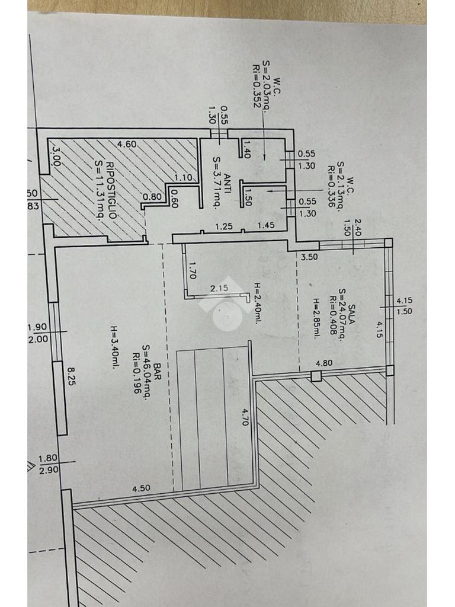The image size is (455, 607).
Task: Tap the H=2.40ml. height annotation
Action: pos(257,301)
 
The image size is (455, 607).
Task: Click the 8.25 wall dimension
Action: pos(72,376)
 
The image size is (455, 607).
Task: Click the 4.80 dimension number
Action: pos(323,363)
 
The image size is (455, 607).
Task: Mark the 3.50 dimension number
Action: pos(309,257)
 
